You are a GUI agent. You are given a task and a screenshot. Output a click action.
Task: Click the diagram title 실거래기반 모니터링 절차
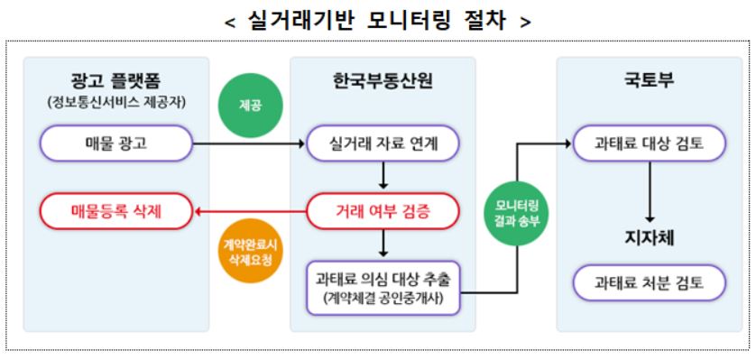(377, 19)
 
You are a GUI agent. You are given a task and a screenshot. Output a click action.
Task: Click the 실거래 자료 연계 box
(383, 143)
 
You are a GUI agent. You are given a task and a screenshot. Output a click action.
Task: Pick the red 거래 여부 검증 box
(383, 213)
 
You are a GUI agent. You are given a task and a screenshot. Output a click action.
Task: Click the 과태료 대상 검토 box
(649, 143)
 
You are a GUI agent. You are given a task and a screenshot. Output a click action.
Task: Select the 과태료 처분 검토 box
(649, 284)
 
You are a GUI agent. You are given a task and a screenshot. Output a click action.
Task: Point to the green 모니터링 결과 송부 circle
(517, 214)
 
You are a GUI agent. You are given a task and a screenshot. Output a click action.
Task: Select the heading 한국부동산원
(383, 81)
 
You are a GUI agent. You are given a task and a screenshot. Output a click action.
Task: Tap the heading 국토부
(649, 81)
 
